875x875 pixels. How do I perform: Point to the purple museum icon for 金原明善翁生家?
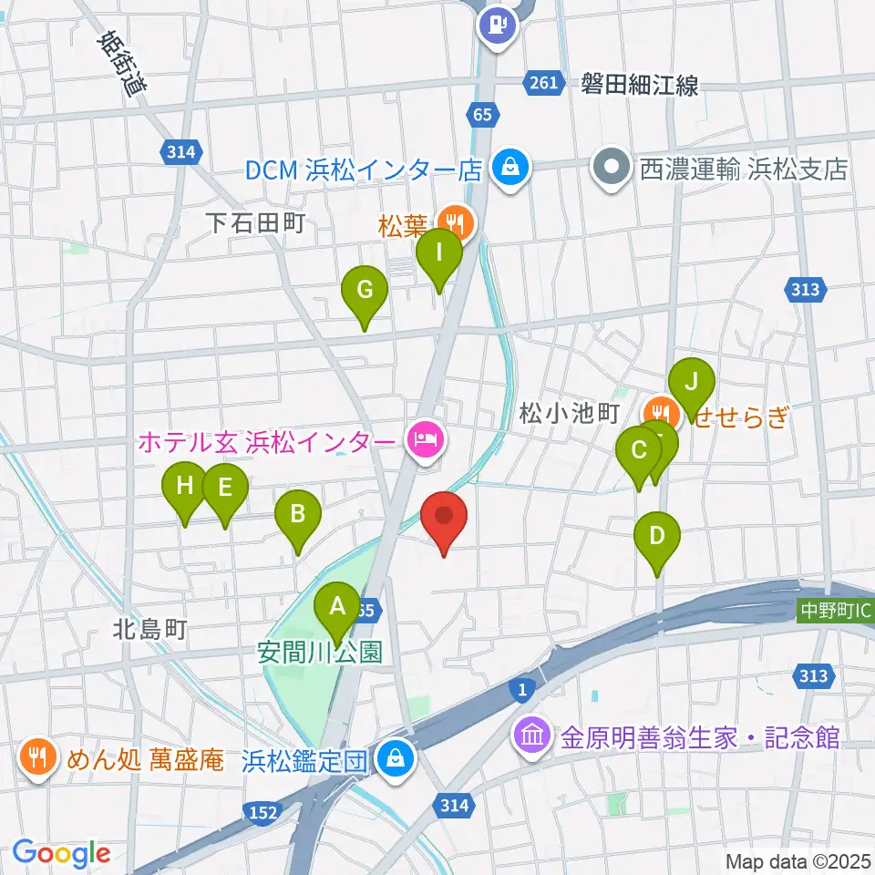click(x=531, y=736)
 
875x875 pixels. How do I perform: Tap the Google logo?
click(x=61, y=852)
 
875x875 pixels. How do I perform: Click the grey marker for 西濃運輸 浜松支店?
click(x=611, y=169)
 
